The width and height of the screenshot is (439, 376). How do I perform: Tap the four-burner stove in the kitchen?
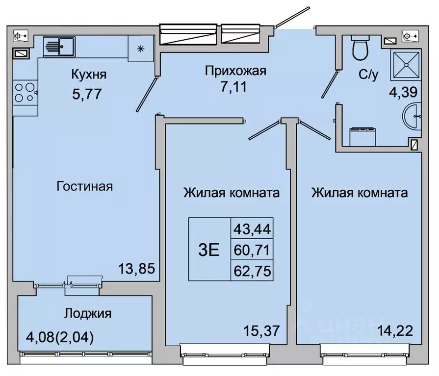coord(24,92)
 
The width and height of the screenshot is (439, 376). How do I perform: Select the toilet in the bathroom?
coord(362,48)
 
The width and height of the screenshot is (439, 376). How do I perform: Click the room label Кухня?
coord(89,75)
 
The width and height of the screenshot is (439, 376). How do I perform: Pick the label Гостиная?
coord(85,186)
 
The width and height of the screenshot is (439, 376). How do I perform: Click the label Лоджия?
coord(87,313)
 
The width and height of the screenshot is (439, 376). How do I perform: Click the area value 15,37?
coord(262,331)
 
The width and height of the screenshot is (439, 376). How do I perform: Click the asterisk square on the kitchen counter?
coord(141,48)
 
